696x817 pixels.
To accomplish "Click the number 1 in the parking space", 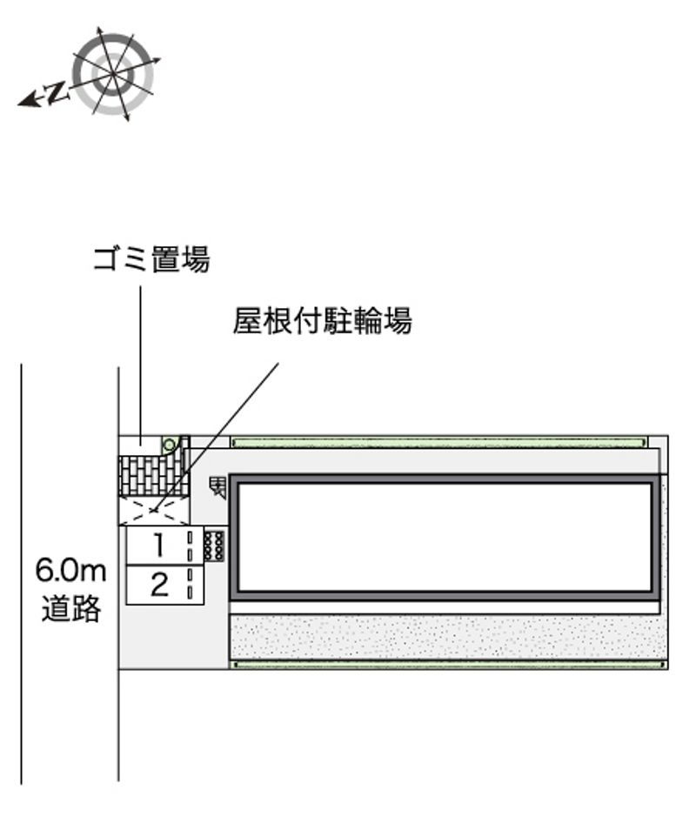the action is coord(160,545).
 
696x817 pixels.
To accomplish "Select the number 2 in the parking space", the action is coord(159,584).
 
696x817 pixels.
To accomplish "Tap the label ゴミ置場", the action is coord(151,259).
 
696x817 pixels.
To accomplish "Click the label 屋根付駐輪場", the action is coord(323,320).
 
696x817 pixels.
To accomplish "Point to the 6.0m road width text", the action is coord(70,571).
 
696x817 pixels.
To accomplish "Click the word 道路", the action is coord(71,608).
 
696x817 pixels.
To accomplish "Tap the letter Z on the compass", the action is coord(57,93).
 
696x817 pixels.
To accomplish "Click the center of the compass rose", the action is coord(113,74).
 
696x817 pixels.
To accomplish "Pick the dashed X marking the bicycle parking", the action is coord(153,510).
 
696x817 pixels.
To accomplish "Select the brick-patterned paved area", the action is coord(148,476).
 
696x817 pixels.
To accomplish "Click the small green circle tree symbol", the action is coord(170,445).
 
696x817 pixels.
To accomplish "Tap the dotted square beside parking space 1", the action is coord(214,546).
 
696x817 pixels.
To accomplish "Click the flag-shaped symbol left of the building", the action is coord(217,487).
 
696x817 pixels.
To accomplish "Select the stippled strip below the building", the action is coord(448,637).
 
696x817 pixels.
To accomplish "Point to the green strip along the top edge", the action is coord(439,443).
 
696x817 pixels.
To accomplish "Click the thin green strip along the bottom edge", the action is coord(449,665).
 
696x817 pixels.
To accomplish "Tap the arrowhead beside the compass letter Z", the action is coord(30,101).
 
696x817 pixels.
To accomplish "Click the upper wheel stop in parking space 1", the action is coord(191,537).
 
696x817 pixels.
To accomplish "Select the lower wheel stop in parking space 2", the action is coord(191,593).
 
